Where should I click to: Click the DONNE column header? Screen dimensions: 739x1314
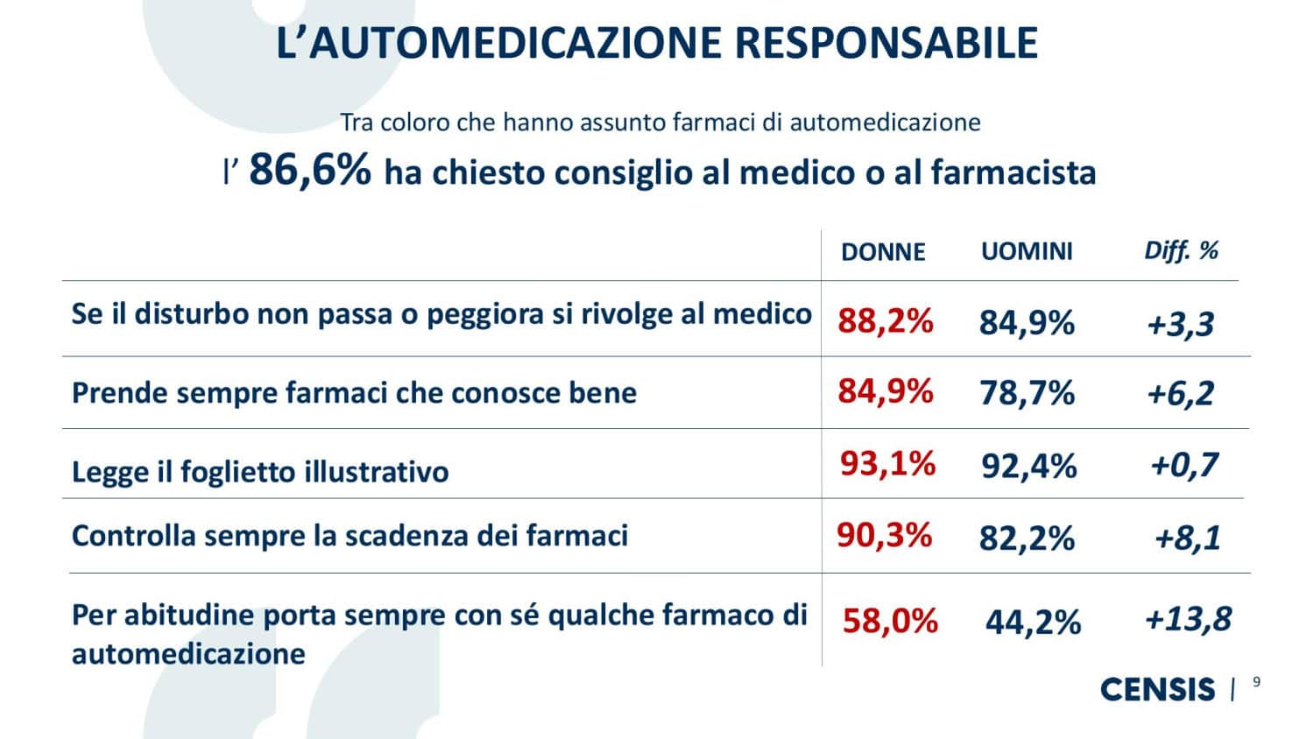[x=882, y=252]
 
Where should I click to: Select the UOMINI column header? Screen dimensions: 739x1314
[x=1026, y=252]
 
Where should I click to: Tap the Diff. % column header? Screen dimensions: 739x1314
[x=1181, y=251]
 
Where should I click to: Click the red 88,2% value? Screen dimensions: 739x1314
[x=885, y=321]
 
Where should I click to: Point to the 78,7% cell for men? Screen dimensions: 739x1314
[x=1027, y=393]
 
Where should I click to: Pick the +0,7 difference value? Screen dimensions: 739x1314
[x=1183, y=465]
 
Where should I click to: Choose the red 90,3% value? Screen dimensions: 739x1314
[x=884, y=534]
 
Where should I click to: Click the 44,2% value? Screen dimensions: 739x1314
[x=1033, y=622]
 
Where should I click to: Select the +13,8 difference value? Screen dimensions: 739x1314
[x=1188, y=620]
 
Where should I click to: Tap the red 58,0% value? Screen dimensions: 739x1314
[x=890, y=621]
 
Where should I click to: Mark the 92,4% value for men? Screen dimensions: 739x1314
[x=1028, y=466]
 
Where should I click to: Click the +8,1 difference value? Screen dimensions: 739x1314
[x=1187, y=537]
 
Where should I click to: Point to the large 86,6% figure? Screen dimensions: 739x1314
[x=310, y=169]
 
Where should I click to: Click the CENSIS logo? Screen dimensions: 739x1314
[x=1157, y=689]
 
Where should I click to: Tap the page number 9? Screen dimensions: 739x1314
[x=1257, y=683]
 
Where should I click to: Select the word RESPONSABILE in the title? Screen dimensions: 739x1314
[x=887, y=43]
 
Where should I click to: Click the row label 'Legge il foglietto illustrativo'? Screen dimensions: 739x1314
[x=260, y=472]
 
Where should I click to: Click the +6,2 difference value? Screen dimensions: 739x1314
[x=1180, y=393]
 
